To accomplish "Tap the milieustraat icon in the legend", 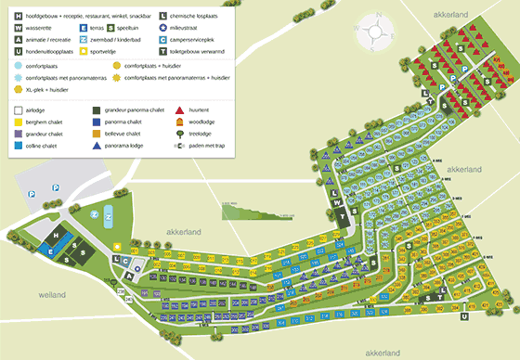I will point(162,28).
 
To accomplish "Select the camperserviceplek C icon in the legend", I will point(162,40).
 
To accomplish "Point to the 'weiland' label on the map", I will point(52,295).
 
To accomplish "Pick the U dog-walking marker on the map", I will point(462,317).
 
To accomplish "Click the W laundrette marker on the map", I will point(338,203).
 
